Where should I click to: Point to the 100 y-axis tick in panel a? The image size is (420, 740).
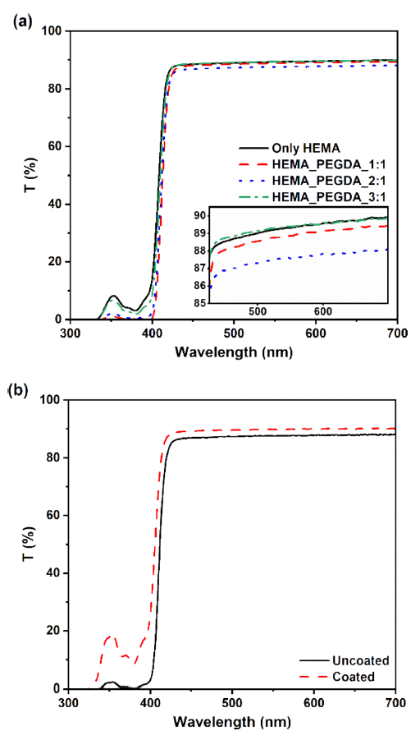(53, 31)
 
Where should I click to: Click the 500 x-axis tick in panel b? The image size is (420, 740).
(234, 703)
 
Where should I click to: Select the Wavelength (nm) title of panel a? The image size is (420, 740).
(234, 352)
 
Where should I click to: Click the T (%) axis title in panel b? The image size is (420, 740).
(22, 545)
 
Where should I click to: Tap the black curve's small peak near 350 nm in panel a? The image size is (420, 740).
(114, 296)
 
